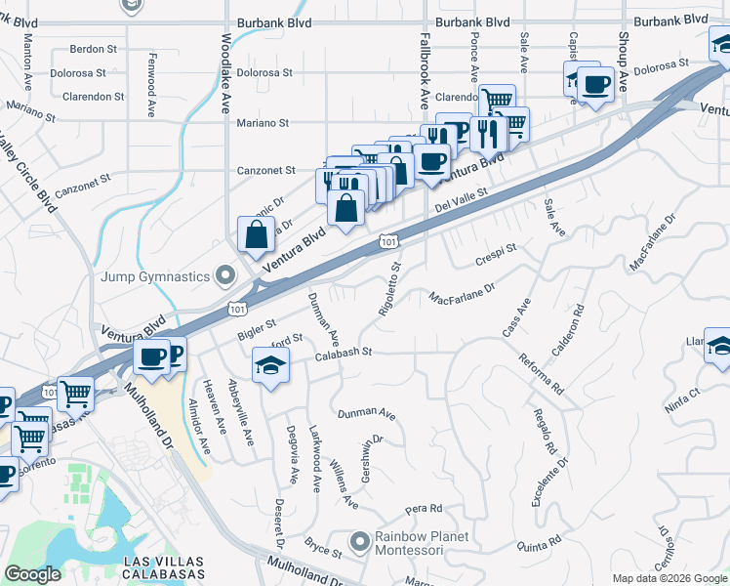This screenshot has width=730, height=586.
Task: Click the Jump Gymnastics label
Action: pos(156,276)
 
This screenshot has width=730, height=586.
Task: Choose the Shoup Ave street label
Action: pos(622,48)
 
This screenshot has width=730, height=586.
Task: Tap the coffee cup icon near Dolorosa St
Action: pos(595,84)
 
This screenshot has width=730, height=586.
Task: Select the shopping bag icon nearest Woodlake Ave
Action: pos(256,234)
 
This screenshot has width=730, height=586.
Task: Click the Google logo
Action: pos(32,574)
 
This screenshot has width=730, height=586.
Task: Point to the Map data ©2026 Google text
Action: pos(669,578)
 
